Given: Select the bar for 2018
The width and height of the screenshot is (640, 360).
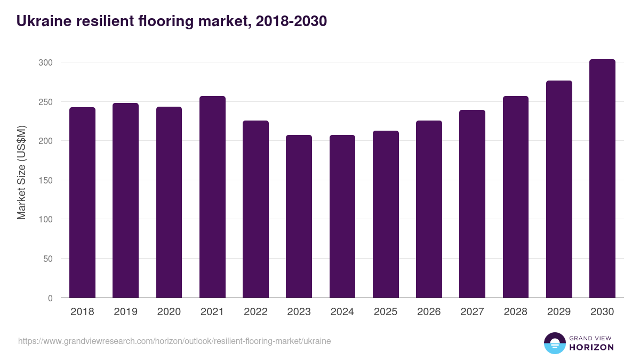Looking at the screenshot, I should pos(82,203).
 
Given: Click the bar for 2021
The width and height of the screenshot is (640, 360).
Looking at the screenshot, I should pos(212,197).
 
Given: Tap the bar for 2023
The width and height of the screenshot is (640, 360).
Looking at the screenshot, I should pos(299,217).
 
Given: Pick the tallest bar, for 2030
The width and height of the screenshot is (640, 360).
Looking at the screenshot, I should pos(602,179).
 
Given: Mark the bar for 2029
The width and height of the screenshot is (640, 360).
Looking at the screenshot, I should pos(559,189).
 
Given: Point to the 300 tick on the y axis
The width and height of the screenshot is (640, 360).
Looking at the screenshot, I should pos(46,62).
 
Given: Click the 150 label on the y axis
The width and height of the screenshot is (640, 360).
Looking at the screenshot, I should pos(46,180).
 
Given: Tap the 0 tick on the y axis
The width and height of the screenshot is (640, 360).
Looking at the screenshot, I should pos(50,298).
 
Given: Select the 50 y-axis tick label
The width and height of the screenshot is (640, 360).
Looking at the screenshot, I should pos(48,259).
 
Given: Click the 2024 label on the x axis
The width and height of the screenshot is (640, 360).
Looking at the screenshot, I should pos(342,312).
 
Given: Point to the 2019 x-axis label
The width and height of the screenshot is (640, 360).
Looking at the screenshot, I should pos(125,312).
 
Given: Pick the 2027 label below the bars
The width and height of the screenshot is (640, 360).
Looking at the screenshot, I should pos(472,312).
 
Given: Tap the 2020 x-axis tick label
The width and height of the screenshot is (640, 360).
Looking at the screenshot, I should pos(169,312).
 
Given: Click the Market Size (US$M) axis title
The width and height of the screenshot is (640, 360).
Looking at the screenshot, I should pos(21,173).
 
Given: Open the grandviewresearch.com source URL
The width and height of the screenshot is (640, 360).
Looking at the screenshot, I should pos(174,341).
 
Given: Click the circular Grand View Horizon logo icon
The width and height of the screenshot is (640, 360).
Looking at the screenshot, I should pos(554,343).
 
